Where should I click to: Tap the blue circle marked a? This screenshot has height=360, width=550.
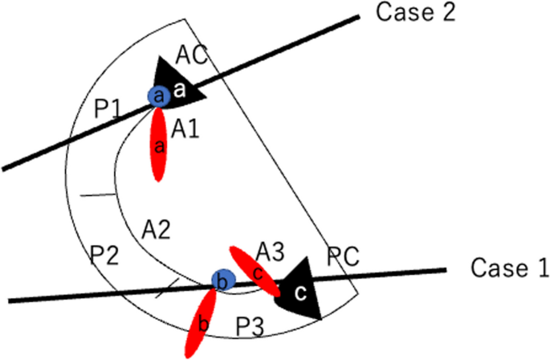tap(158, 96)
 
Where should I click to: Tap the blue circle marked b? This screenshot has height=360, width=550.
tap(222, 280)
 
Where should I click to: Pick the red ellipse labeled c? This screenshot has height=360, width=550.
tap(255, 270)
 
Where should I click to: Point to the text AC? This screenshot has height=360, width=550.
tap(193, 55)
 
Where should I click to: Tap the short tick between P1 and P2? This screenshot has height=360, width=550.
tap(98, 194)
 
